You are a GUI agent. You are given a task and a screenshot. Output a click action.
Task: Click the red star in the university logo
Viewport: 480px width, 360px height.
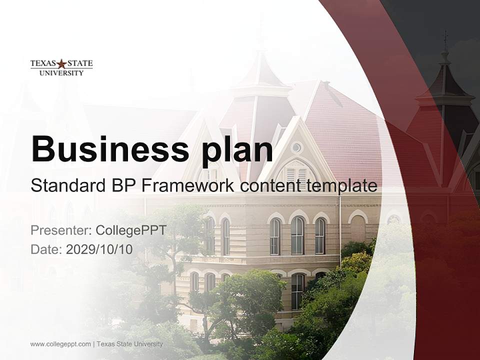pyautogui.click(x=61, y=64)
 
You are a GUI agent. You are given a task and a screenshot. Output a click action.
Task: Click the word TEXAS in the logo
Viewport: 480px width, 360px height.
pyautogui.click(x=42, y=64)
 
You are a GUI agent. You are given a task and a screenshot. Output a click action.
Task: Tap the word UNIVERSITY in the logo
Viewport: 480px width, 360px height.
pyautogui.click(x=61, y=73)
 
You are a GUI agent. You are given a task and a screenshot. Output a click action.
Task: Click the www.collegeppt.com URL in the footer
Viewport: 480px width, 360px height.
pyautogui.click(x=60, y=344)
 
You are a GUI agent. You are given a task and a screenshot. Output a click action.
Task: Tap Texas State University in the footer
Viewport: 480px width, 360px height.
pyautogui.click(x=129, y=344)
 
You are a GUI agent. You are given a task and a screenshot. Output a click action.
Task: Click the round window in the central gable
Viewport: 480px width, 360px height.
pyautogui.click(x=296, y=147)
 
